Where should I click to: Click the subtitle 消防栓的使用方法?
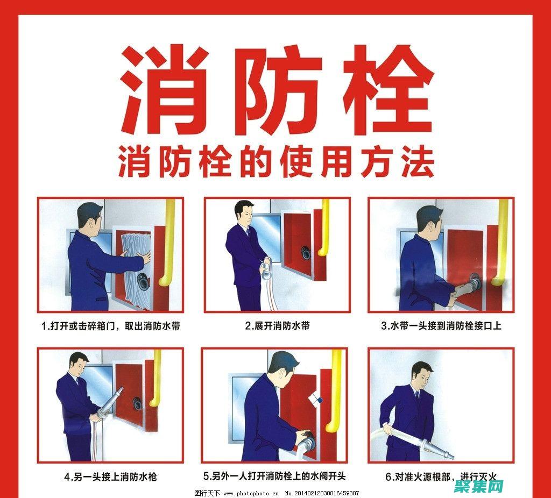[276, 162]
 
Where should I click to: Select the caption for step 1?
[111, 326]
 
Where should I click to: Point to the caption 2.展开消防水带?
[277, 326]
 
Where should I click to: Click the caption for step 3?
[441, 326]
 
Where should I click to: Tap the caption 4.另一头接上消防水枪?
[110, 477]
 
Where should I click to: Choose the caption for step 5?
[274, 476]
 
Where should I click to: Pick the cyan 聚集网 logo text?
[478, 486]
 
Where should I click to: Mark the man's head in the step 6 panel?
[422, 374]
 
